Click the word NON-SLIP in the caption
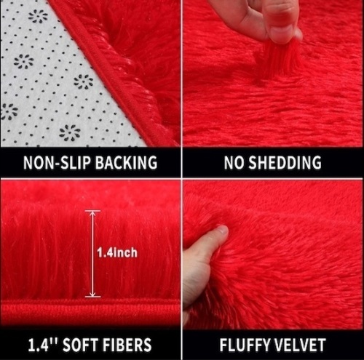pos(57,162)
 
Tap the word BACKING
pos(126,162)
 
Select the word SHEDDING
pos(285,162)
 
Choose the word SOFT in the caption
pos(80,344)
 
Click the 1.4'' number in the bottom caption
pos(43,344)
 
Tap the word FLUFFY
pos(245,344)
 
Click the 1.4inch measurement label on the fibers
pos(117,252)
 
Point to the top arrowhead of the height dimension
pos(92,214)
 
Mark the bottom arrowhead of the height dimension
pos(92,294)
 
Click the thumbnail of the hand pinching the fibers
pos(273,73)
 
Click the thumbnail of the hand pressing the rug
pos(273,255)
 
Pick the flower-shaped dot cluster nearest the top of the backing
pos(39,16)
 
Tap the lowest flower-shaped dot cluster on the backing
pos(70,132)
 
